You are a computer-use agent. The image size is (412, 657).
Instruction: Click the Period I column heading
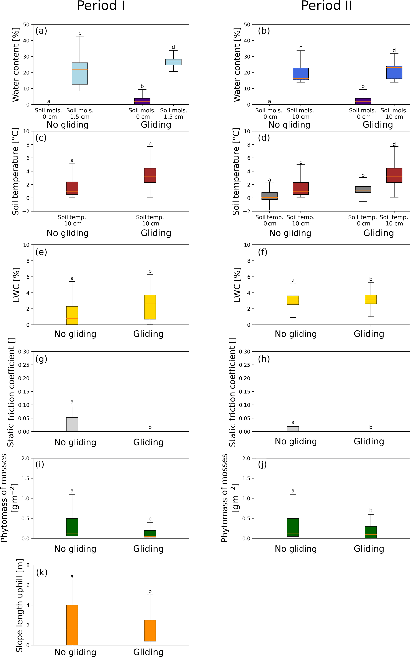pyautogui.click(x=101, y=6)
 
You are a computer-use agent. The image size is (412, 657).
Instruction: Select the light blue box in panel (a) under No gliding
pyautogui.click(x=80, y=73)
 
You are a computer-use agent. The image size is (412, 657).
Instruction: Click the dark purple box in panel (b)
pyautogui.click(x=363, y=101)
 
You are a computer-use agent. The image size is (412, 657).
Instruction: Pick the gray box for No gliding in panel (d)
pyautogui.click(x=269, y=196)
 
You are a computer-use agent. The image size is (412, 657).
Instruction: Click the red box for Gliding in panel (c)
pyautogui.click(x=150, y=175)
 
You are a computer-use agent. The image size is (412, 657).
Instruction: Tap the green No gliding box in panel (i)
pyautogui.click(x=72, y=527)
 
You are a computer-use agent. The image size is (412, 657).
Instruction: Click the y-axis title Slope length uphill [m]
pyautogui.click(x=19, y=606)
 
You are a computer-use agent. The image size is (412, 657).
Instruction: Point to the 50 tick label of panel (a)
pyautogui.click(x=26, y=24)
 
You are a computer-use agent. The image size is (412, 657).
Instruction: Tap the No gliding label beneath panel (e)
pyautogui.click(x=75, y=334)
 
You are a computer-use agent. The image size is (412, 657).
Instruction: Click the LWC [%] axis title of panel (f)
pyautogui.click(x=237, y=285)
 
